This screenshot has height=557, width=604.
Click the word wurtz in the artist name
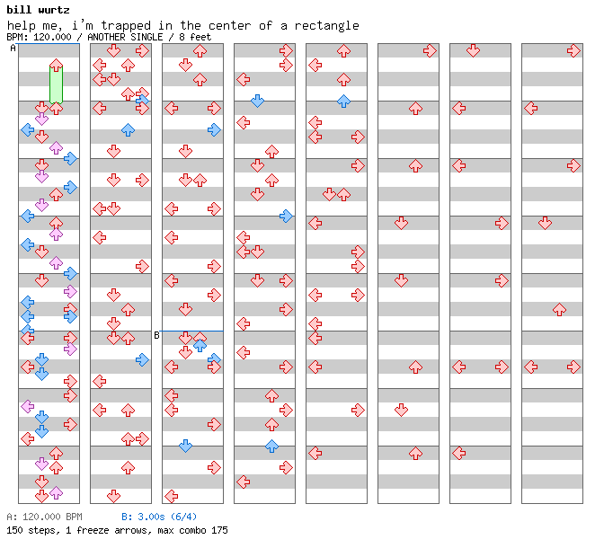point(54,10)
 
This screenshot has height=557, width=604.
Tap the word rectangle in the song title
point(326,26)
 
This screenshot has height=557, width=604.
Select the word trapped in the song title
point(126,26)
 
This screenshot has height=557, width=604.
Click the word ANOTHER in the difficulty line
point(103,37)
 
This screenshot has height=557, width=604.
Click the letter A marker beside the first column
point(13,48)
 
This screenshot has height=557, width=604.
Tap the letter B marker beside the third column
point(156,335)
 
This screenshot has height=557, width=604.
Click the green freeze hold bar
point(56,84)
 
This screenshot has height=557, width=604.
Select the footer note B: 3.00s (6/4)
point(159,517)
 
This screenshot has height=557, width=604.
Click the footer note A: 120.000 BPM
point(44,517)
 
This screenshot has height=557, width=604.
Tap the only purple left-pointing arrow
point(27,406)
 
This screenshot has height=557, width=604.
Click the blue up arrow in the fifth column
point(343,102)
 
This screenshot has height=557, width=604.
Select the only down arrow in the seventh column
point(473,50)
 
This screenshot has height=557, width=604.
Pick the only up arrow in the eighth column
point(559,309)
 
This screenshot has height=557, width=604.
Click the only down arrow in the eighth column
point(545,223)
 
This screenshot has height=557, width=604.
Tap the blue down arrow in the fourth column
point(257,102)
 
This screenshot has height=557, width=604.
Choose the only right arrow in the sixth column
point(430,50)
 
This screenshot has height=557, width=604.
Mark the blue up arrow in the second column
point(128,130)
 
